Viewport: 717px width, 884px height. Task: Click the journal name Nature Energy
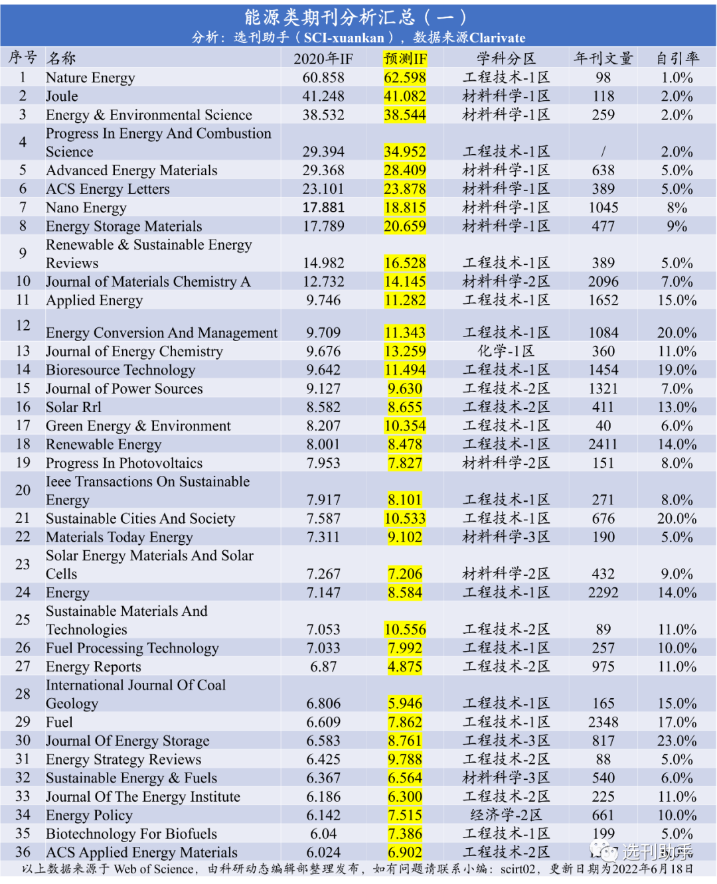click(x=90, y=78)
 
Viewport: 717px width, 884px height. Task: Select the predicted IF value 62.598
click(x=405, y=78)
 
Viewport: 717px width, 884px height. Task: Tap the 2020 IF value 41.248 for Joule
click(x=323, y=96)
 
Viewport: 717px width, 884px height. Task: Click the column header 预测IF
click(x=405, y=58)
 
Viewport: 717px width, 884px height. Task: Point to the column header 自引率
click(x=677, y=58)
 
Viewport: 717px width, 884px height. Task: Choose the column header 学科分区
click(x=506, y=58)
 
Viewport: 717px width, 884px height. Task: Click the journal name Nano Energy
click(x=86, y=208)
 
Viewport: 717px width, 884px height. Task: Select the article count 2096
click(x=603, y=282)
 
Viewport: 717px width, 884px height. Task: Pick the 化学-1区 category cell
click(x=506, y=351)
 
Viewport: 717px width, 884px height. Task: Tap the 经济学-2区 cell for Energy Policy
click(x=506, y=815)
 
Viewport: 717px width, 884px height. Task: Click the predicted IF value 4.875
click(x=405, y=666)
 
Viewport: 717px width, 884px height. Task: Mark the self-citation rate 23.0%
click(x=677, y=741)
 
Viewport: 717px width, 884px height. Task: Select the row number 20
click(x=23, y=490)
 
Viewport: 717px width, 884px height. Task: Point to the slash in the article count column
click(x=603, y=152)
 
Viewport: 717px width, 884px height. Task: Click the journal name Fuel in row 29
click(x=59, y=722)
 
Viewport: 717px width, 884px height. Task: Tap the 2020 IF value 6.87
click(x=323, y=666)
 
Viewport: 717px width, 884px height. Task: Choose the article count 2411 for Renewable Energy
click(x=603, y=444)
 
